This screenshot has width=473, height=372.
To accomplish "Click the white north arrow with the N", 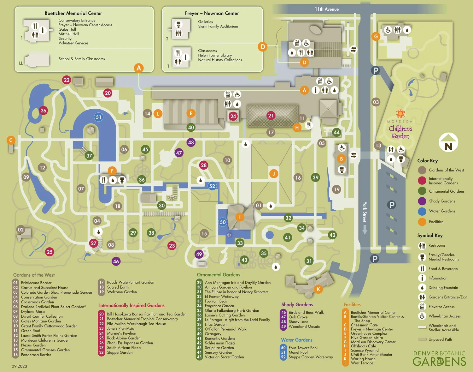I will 448,142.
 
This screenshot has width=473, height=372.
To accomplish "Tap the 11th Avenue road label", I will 327,9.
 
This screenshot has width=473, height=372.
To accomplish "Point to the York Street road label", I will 365,212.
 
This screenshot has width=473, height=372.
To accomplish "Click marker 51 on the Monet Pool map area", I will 99,117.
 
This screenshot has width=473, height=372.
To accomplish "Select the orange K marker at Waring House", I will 318,289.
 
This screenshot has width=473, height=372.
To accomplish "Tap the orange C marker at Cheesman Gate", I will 11,140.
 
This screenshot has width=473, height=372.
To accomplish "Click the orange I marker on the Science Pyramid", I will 240,217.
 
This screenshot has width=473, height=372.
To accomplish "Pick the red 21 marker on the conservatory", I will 271,116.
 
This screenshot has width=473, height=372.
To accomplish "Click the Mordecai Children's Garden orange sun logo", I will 400,113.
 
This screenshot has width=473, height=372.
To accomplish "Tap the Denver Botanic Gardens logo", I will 439,358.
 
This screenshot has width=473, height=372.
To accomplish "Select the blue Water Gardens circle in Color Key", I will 422,211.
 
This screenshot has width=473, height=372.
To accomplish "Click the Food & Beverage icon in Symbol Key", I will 422,268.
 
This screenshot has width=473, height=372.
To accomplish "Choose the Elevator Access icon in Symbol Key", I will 422,306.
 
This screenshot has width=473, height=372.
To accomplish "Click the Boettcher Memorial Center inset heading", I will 73,13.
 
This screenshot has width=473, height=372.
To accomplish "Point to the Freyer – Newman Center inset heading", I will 212,13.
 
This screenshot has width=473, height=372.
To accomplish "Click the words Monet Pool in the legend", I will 298,352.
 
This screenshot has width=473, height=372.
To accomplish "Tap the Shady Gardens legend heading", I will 297,304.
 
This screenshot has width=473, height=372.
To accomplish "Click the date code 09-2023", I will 20,366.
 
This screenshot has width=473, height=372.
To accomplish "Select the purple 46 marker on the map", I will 116,261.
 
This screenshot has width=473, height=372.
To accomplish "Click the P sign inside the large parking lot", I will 391,205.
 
